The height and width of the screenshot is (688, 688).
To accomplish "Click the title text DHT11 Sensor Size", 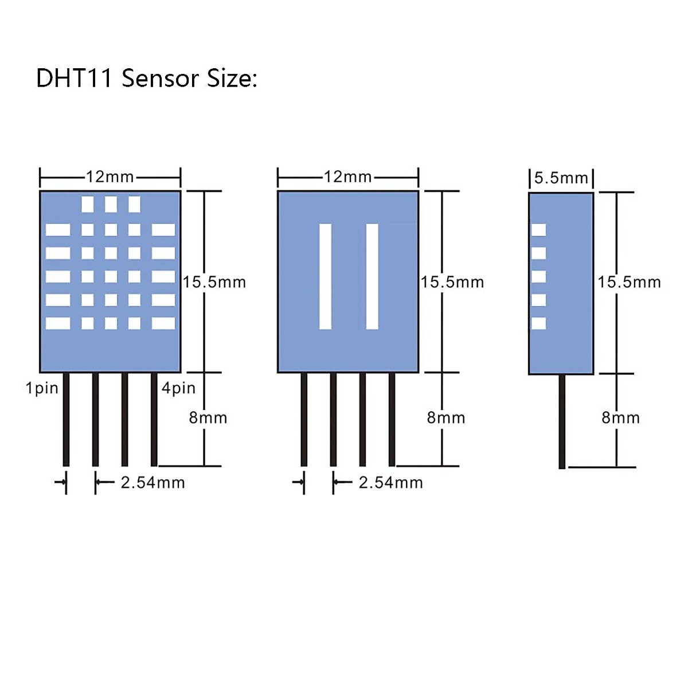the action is (x=146, y=78).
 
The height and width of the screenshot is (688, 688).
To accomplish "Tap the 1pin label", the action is (x=42, y=389).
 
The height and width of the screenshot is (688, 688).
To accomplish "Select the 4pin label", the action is (x=178, y=389).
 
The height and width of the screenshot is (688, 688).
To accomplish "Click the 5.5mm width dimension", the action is (x=561, y=178).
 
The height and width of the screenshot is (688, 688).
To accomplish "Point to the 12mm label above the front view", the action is (x=110, y=177).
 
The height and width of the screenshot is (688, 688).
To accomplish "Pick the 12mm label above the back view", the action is (x=348, y=177).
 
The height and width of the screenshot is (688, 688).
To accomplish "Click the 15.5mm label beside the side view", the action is (x=629, y=282).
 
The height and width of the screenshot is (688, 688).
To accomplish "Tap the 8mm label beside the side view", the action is (x=620, y=417).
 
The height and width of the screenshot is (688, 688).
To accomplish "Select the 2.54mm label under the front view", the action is (x=153, y=483).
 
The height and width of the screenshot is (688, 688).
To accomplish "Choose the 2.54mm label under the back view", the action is (x=390, y=483).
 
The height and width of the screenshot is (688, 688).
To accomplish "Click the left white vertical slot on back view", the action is (x=325, y=276).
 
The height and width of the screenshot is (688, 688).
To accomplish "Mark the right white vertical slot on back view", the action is (x=372, y=276).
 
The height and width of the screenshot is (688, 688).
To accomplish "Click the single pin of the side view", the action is (x=562, y=421).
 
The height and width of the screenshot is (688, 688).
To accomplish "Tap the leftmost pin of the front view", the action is (x=66, y=420).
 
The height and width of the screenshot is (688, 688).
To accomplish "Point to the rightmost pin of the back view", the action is (x=392, y=420).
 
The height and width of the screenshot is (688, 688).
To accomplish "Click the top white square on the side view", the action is (x=539, y=230).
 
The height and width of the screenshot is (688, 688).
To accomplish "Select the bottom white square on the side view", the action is (x=539, y=323).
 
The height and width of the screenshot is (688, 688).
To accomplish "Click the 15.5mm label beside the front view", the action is (x=214, y=282).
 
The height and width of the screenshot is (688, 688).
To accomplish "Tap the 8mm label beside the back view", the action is (x=446, y=417).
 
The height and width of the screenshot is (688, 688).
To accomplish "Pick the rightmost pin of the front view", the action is (x=154, y=420).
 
